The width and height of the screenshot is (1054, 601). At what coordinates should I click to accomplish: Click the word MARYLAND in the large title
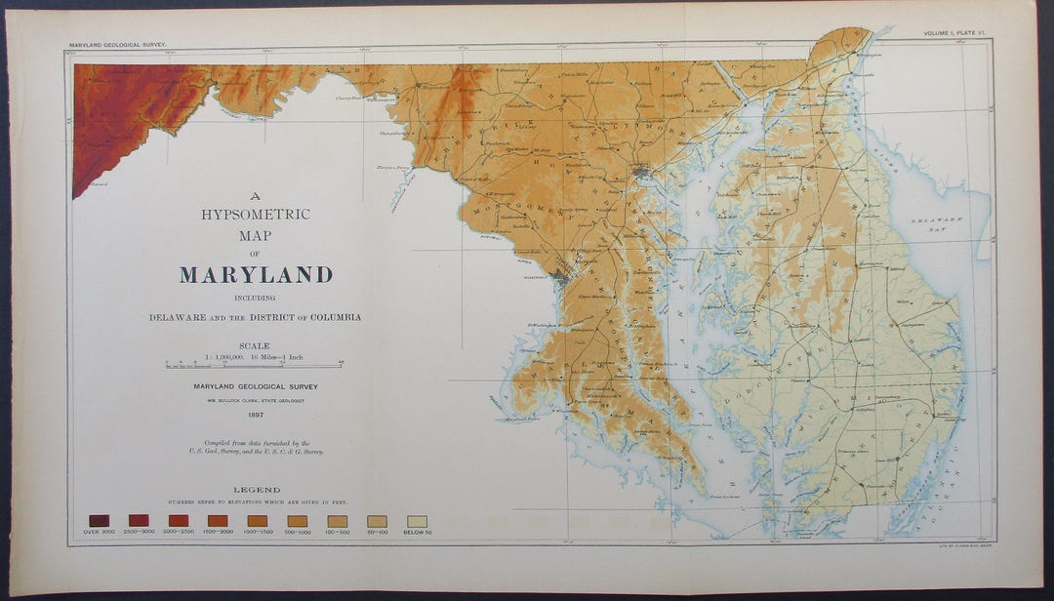point(256,275)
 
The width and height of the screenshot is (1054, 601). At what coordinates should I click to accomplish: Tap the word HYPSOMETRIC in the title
point(256,215)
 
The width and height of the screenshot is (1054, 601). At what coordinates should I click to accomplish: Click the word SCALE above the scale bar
point(255,345)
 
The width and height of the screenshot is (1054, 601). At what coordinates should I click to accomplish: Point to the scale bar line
point(255,365)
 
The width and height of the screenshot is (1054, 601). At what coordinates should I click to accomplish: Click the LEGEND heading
point(257,490)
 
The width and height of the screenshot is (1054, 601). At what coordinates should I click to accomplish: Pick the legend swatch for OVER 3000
point(99,520)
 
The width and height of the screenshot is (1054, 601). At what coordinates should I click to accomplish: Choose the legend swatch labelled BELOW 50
point(417,521)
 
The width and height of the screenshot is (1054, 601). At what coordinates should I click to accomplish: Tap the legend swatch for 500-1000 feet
point(298,521)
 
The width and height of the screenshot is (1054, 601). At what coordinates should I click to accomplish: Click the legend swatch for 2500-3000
point(139,520)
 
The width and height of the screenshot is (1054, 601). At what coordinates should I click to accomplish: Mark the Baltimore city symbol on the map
point(641,174)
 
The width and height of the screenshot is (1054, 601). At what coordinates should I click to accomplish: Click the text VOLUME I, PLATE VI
point(957,34)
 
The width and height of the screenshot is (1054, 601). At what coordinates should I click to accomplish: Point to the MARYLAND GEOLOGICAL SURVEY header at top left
point(118,45)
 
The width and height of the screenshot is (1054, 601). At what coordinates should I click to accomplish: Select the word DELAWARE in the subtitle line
point(178,317)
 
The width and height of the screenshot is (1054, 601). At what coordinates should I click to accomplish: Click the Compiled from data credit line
point(256,447)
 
